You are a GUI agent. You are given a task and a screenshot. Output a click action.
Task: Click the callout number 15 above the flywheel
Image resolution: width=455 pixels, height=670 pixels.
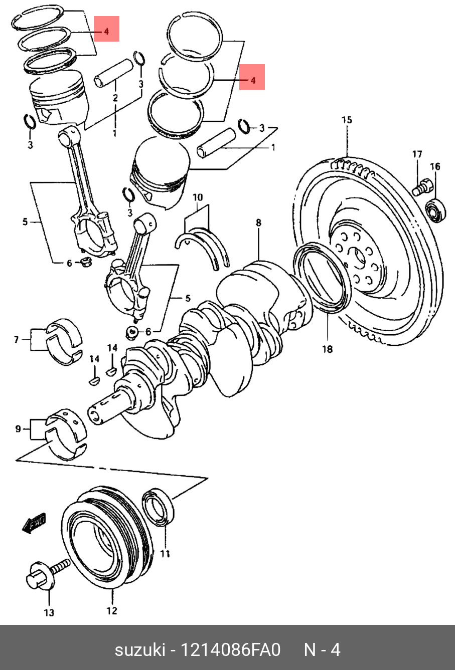347,120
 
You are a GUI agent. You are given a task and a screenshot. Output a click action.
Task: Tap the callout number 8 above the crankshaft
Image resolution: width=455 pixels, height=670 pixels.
258,222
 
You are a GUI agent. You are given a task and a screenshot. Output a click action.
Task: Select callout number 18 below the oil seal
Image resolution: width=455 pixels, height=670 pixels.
327,349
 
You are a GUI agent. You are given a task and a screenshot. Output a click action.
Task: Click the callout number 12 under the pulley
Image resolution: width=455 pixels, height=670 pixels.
111,610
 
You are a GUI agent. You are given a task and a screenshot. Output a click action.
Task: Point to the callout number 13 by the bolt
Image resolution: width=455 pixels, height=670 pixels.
49,612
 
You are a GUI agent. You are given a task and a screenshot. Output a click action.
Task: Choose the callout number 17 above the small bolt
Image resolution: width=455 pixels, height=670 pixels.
417,154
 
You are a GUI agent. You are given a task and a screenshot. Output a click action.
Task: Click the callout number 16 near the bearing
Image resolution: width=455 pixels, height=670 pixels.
435,166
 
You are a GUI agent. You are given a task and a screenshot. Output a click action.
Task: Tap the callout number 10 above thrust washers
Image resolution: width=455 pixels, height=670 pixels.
198,197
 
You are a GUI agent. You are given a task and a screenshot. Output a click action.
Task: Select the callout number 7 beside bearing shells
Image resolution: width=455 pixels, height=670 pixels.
16,340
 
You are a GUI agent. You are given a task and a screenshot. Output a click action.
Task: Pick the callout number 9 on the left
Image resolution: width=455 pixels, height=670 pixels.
18,428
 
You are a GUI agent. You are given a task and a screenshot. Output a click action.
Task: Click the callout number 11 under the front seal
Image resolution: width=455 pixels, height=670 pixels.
165,553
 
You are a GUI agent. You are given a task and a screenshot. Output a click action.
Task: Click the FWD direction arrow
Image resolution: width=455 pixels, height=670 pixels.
34,523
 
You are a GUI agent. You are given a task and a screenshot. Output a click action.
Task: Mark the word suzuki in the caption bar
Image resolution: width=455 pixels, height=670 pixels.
140,650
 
